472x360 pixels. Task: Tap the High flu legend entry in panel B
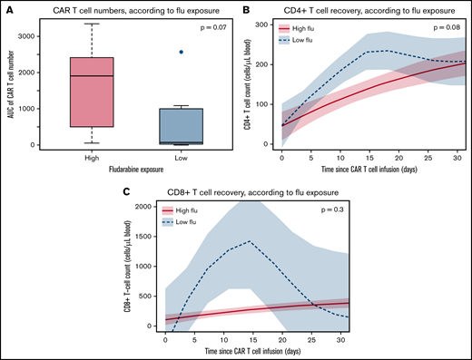point(311,28)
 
